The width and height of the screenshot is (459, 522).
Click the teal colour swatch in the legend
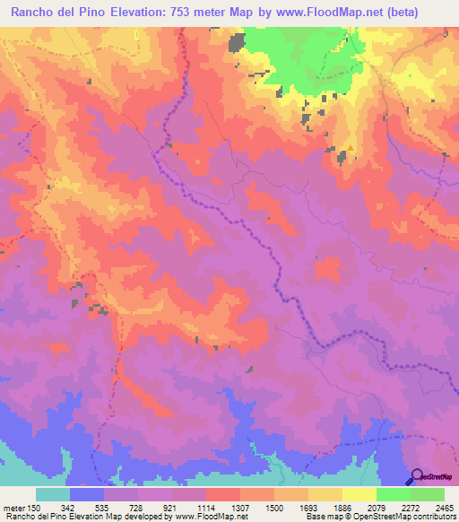(53, 494)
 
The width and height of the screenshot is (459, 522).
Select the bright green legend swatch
(394, 494)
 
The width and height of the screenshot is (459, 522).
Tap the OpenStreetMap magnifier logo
(417, 476)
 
